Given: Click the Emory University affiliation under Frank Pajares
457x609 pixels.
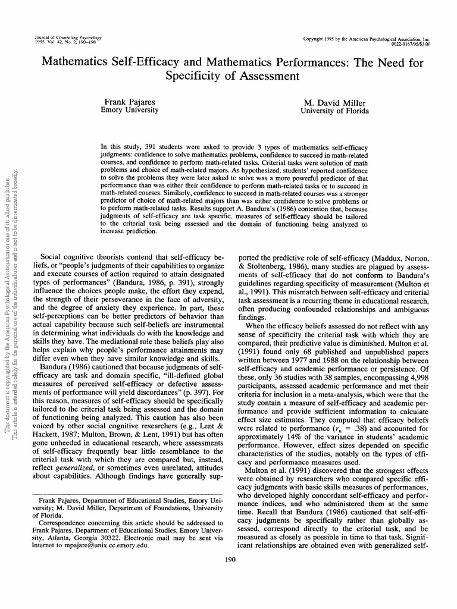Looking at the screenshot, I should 130,110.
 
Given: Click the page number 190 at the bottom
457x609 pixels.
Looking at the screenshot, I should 228,559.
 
